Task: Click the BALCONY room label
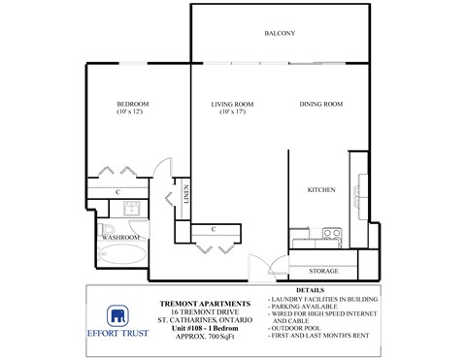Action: point(279,34)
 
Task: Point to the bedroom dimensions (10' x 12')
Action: point(131,113)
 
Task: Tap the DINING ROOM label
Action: point(319,103)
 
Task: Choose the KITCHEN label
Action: point(321,189)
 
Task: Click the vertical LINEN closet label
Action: point(185,195)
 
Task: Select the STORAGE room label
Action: point(323,271)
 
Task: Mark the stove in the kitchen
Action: point(331,234)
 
